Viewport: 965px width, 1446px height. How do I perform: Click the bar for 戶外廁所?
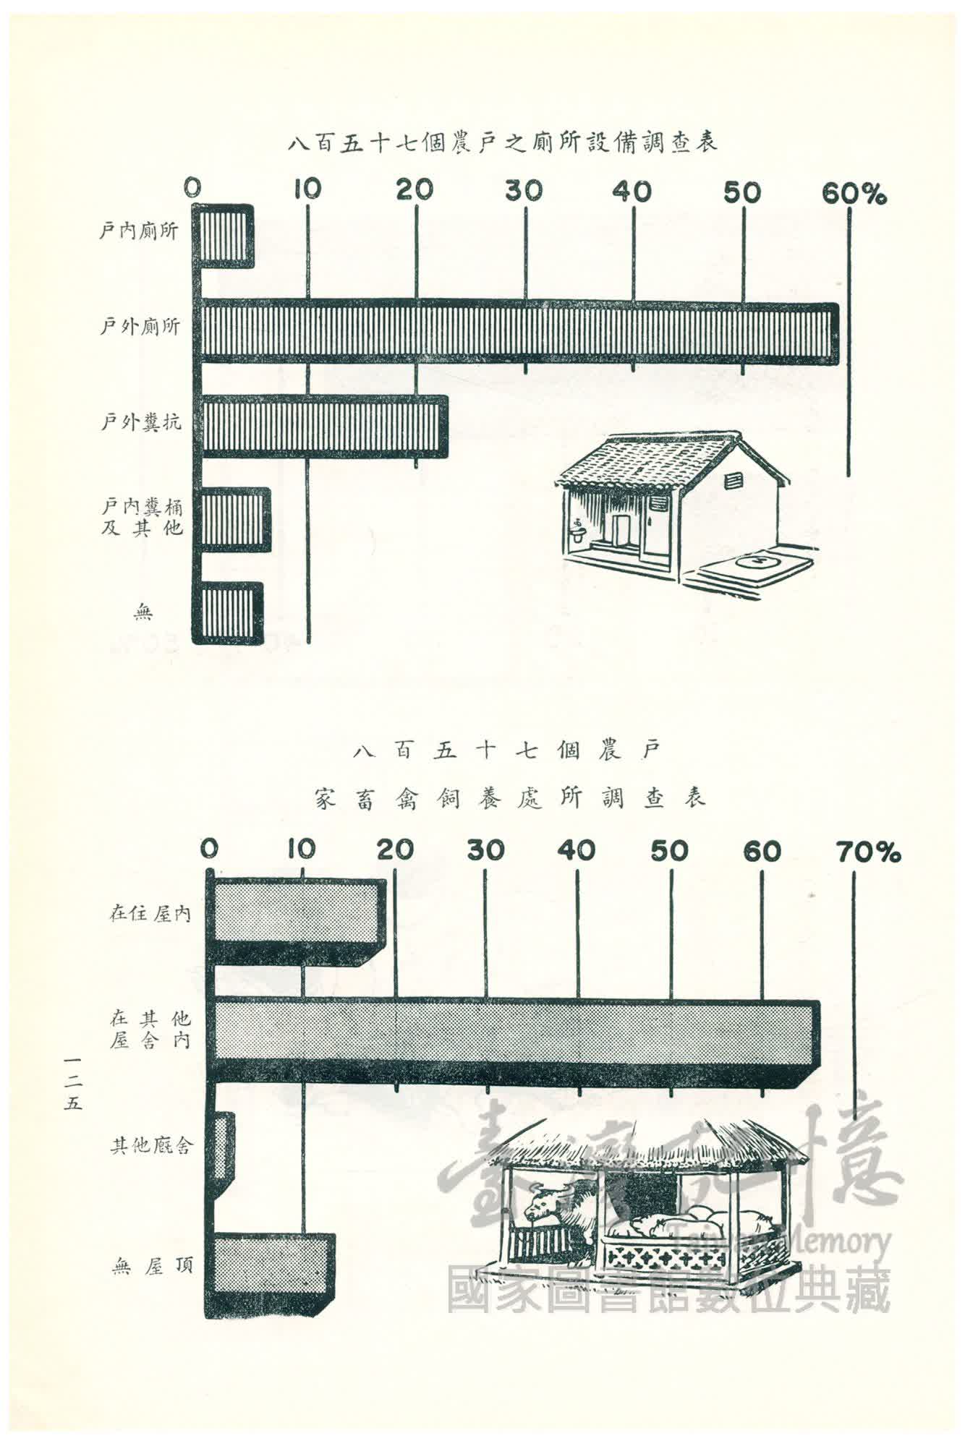(517, 332)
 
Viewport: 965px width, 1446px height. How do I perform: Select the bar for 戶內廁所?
(226, 236)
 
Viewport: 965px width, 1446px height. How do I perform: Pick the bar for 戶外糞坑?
(323, 427)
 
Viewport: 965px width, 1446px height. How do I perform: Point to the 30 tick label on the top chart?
(524, 191)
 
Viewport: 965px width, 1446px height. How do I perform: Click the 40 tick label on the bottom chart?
(577, 851)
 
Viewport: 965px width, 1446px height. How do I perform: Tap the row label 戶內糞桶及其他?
(142, 518)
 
